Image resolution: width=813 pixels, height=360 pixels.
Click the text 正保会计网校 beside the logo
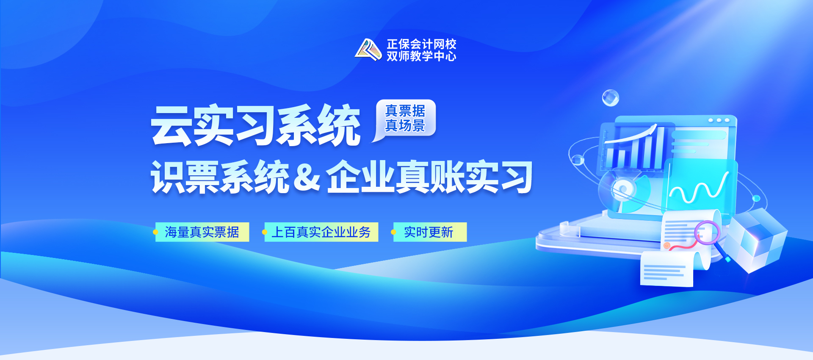(421, 44)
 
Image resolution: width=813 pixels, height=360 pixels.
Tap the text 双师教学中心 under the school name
(421, 56)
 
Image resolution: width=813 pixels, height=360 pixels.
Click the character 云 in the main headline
(171, 125)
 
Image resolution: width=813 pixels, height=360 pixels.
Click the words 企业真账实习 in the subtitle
(429, 177)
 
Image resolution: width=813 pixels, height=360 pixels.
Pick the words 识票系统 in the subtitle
(220, 177)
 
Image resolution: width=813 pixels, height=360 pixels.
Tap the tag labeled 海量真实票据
(202, 232)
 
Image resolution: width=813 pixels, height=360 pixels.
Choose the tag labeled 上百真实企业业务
(321, 232)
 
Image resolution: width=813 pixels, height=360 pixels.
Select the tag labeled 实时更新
(430, 232)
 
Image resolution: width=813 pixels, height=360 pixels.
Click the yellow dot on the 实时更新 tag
(393, 232)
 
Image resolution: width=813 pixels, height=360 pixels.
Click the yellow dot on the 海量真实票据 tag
(155, 232)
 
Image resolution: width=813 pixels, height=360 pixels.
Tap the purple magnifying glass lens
(707, 232)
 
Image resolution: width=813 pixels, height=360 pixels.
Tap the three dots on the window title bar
(719, 120)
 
